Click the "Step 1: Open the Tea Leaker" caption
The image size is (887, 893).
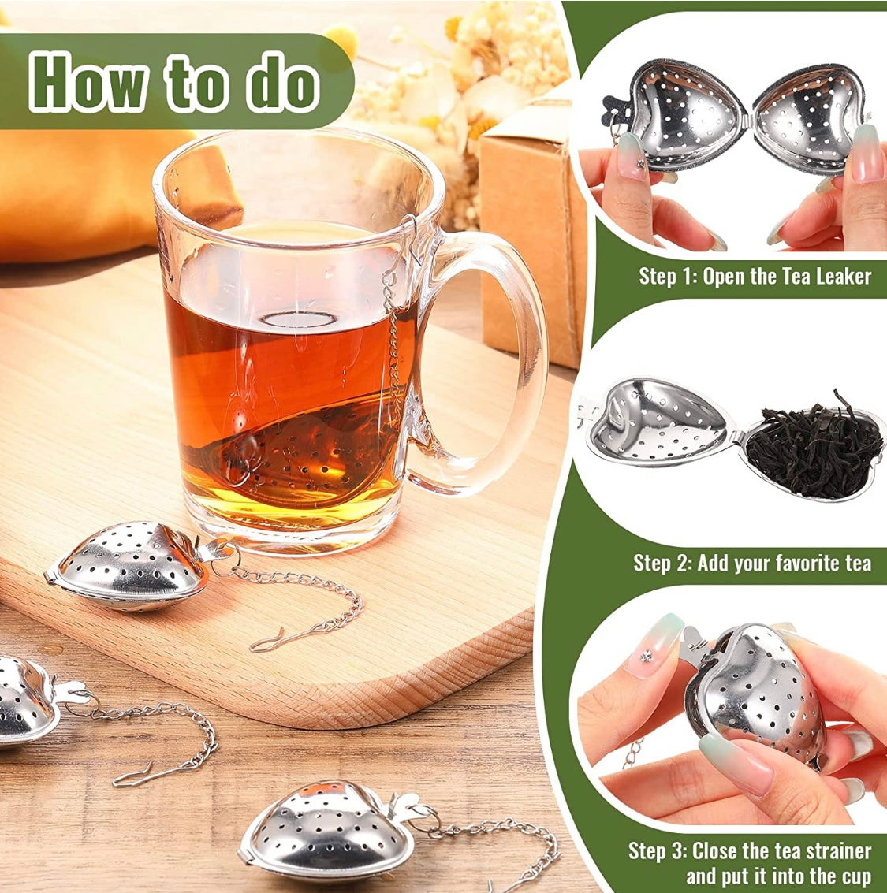point(755,276)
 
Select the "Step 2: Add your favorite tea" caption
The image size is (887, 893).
point(752,563)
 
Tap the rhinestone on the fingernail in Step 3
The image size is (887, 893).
point(647,655)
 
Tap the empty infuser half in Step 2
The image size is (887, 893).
point(654,422)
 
